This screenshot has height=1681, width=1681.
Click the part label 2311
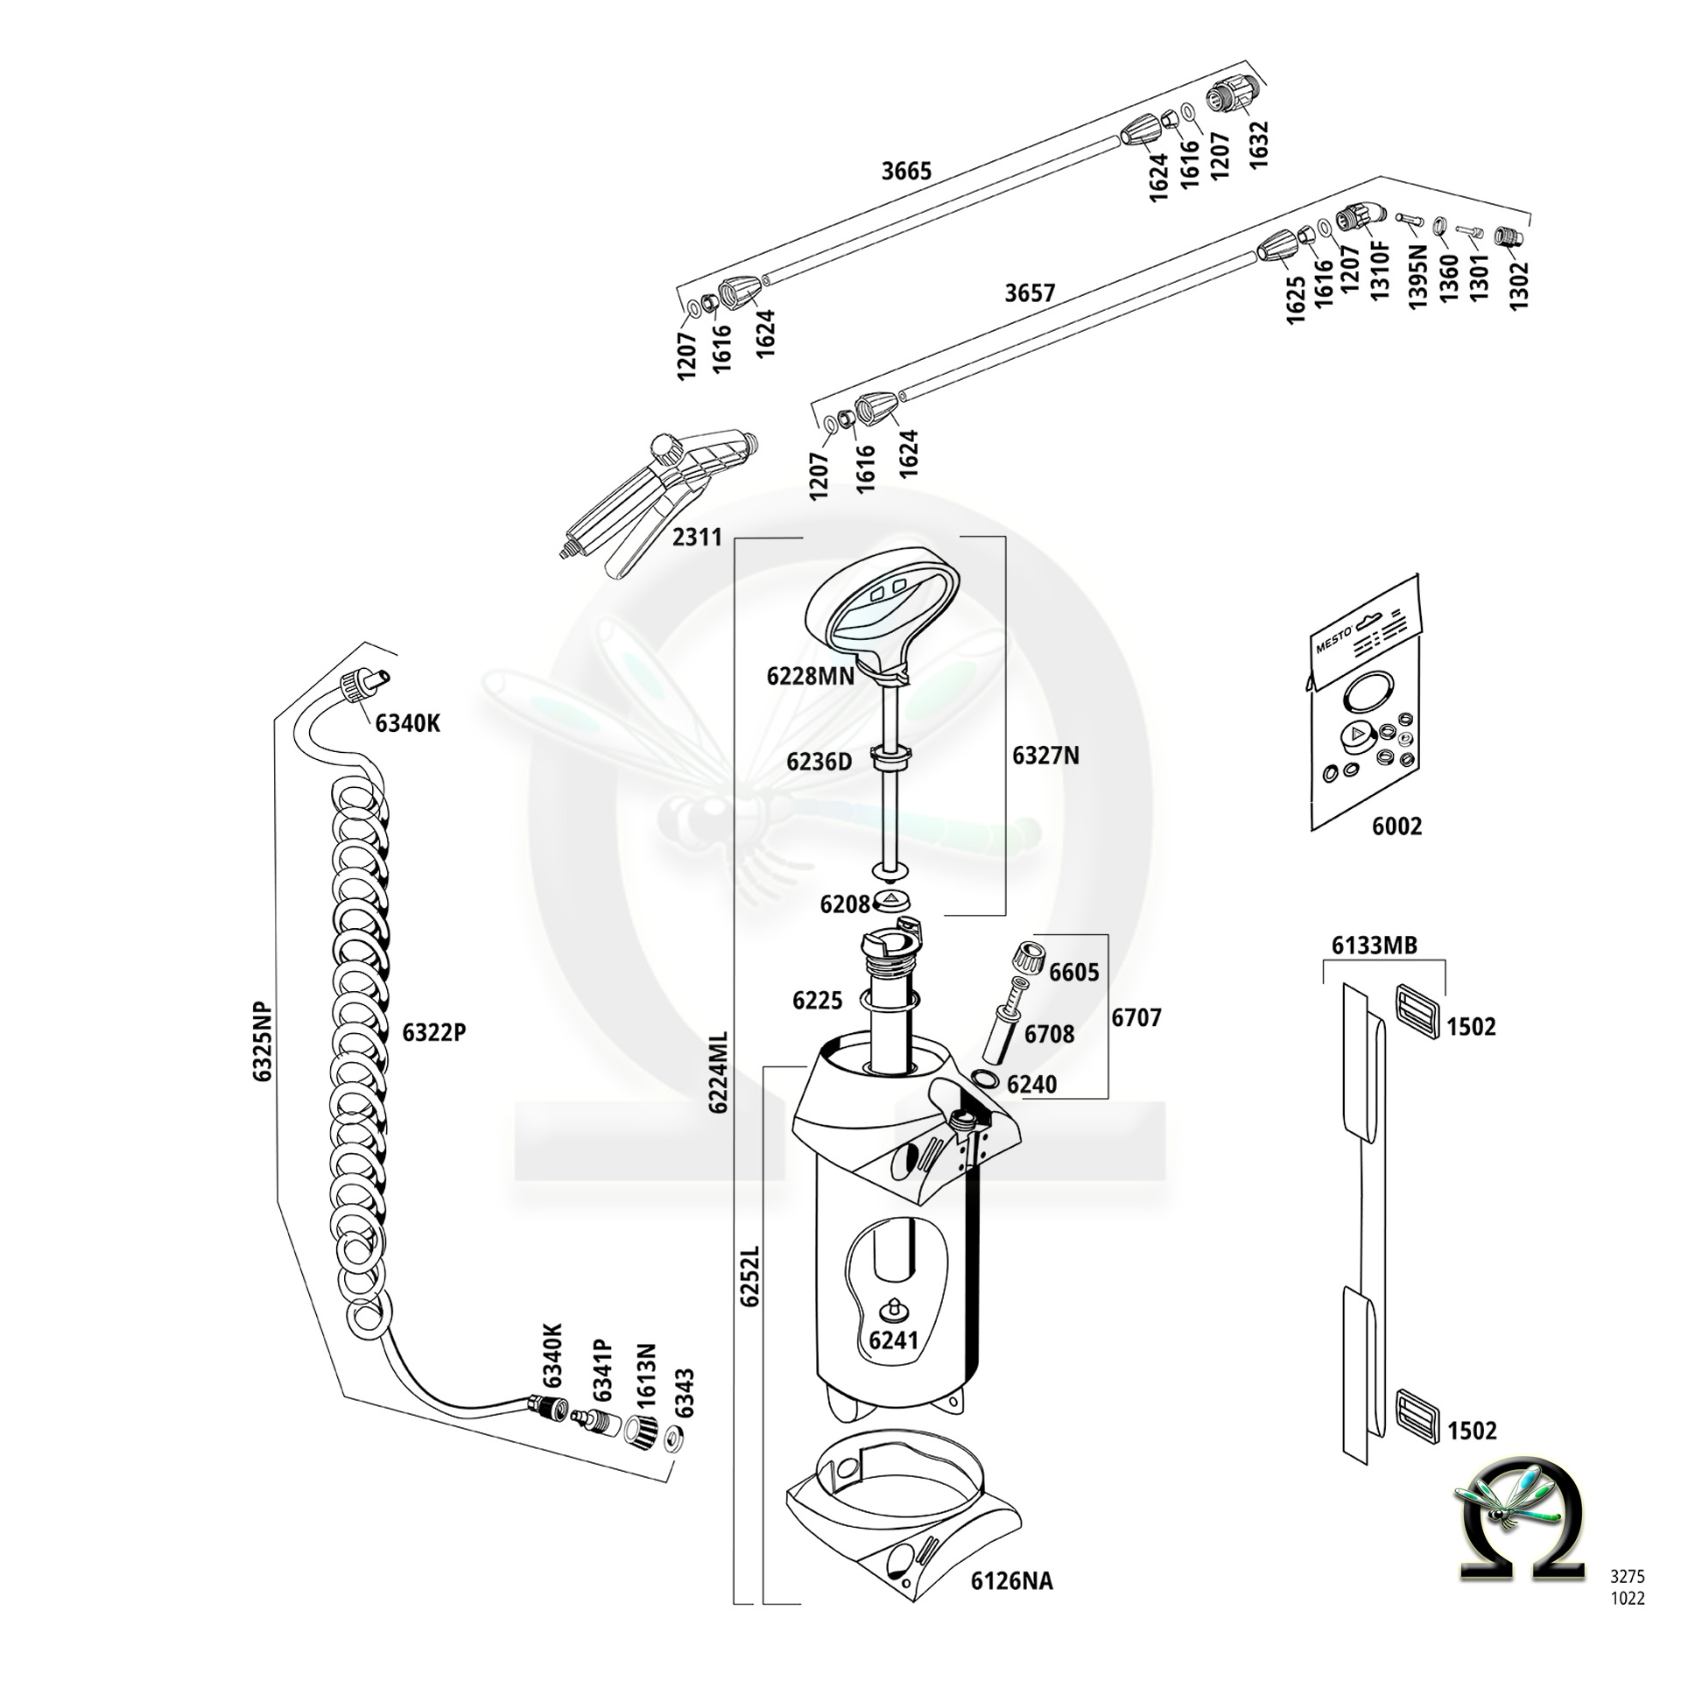pos(697,537)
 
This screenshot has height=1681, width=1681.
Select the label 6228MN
pos(810,676)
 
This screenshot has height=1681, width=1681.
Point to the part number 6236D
pos(819,762)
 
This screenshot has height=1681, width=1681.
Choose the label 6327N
pos(1046,756)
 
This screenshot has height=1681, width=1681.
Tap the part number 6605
pos(1074,973)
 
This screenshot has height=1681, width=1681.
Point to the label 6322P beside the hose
pos(434,1033)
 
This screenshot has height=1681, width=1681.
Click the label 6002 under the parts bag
pos(1396,826)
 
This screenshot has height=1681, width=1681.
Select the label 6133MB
pos(1374,945)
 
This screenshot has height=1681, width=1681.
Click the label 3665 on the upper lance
pos(906,171)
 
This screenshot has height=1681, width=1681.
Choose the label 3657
pos(1030,292)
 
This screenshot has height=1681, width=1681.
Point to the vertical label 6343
pos(685,1393)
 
